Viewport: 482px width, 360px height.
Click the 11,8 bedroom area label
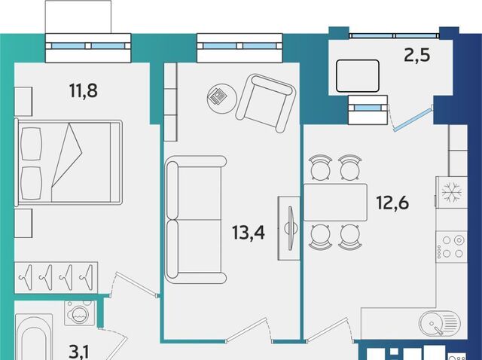coord(84,90)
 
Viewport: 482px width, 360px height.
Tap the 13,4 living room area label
coord(249,233)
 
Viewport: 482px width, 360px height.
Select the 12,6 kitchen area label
coord(393,203)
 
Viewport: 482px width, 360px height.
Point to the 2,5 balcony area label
coord(417,56)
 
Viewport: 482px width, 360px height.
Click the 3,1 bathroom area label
coord(79,352)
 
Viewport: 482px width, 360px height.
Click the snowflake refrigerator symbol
coord(452,193)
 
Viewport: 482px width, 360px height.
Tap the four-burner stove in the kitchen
coord(451,247)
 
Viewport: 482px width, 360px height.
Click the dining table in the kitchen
coord(335,203)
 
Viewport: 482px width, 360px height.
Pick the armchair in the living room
coord(266,103)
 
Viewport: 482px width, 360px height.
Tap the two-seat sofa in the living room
coord(196,220)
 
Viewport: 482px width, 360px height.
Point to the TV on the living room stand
coord(291,228)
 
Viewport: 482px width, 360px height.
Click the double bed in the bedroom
coord(69,163)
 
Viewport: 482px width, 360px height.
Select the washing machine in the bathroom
coord(80,313)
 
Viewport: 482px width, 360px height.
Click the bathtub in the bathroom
coord(34,337)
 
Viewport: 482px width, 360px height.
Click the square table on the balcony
coord(358,76)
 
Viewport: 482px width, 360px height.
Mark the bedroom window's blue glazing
coord(88,46)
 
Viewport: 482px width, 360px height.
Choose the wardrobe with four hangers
coord(56,278)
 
